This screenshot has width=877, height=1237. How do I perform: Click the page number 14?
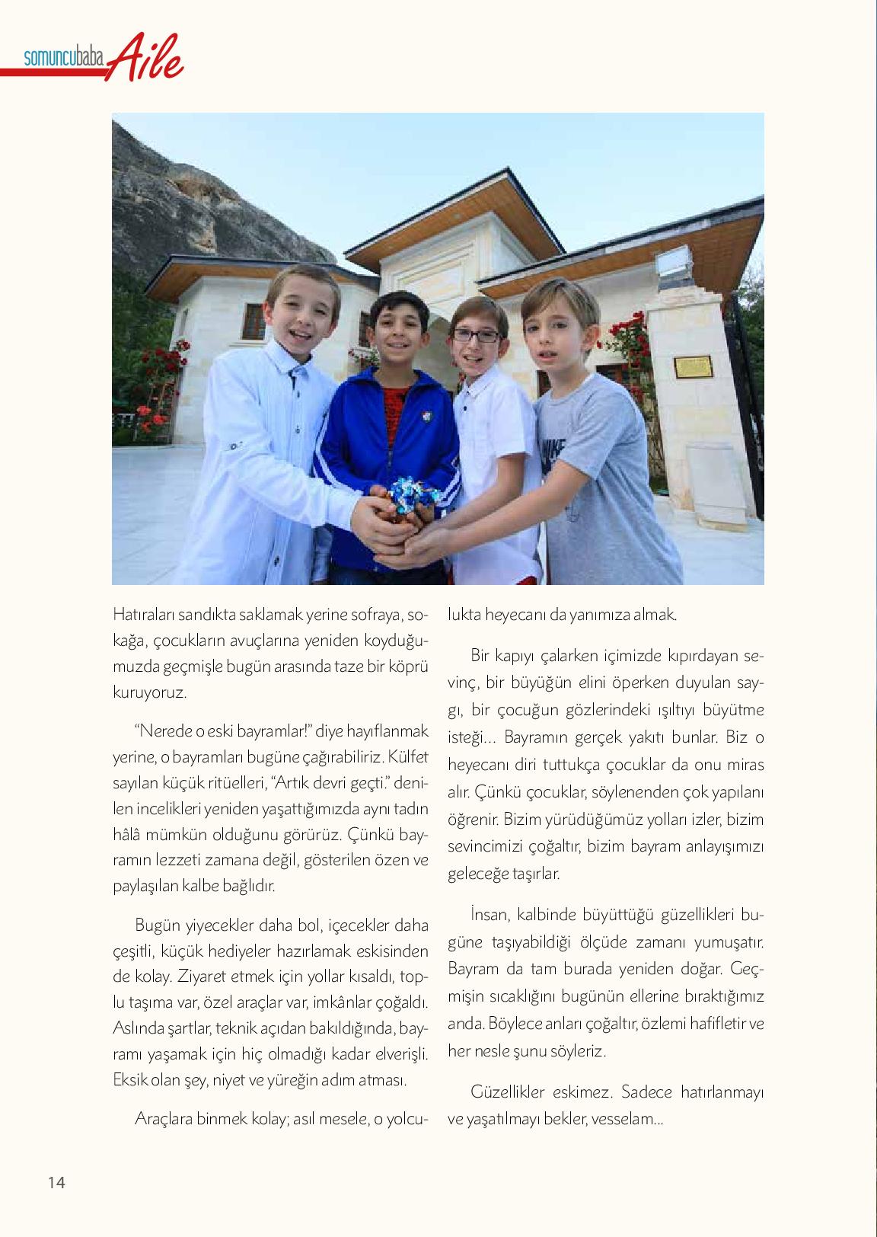click(56, 1182)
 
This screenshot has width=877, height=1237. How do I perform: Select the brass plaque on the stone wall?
click(692, 367)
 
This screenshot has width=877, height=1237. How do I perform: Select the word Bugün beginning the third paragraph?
click(158, 925)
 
